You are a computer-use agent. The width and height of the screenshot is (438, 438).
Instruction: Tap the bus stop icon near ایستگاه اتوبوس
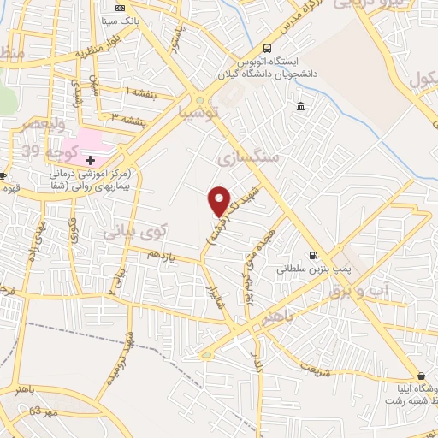pyautogui.click(x=269, y=49)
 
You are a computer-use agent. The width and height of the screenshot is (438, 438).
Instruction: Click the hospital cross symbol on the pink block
pyautogui.click(x=90, y=160)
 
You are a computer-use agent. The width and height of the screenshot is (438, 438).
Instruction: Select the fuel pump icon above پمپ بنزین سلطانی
pyautogui.click(x=312, y=254)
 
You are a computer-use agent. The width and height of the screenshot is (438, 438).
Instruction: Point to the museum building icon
pyautogui.click(x=299, y=106)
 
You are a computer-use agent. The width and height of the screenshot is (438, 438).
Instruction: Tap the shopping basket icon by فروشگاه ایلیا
pyautogui.click(x=421, y=376)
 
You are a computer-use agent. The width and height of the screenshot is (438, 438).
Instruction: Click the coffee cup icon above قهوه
pyautogui.click(x=4, y=177)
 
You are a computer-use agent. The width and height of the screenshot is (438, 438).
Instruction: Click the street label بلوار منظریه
pyautogui.click(x=95, y=53)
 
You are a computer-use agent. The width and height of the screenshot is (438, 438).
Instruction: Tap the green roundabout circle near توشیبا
pyautogui.click(x=200, y=99)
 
